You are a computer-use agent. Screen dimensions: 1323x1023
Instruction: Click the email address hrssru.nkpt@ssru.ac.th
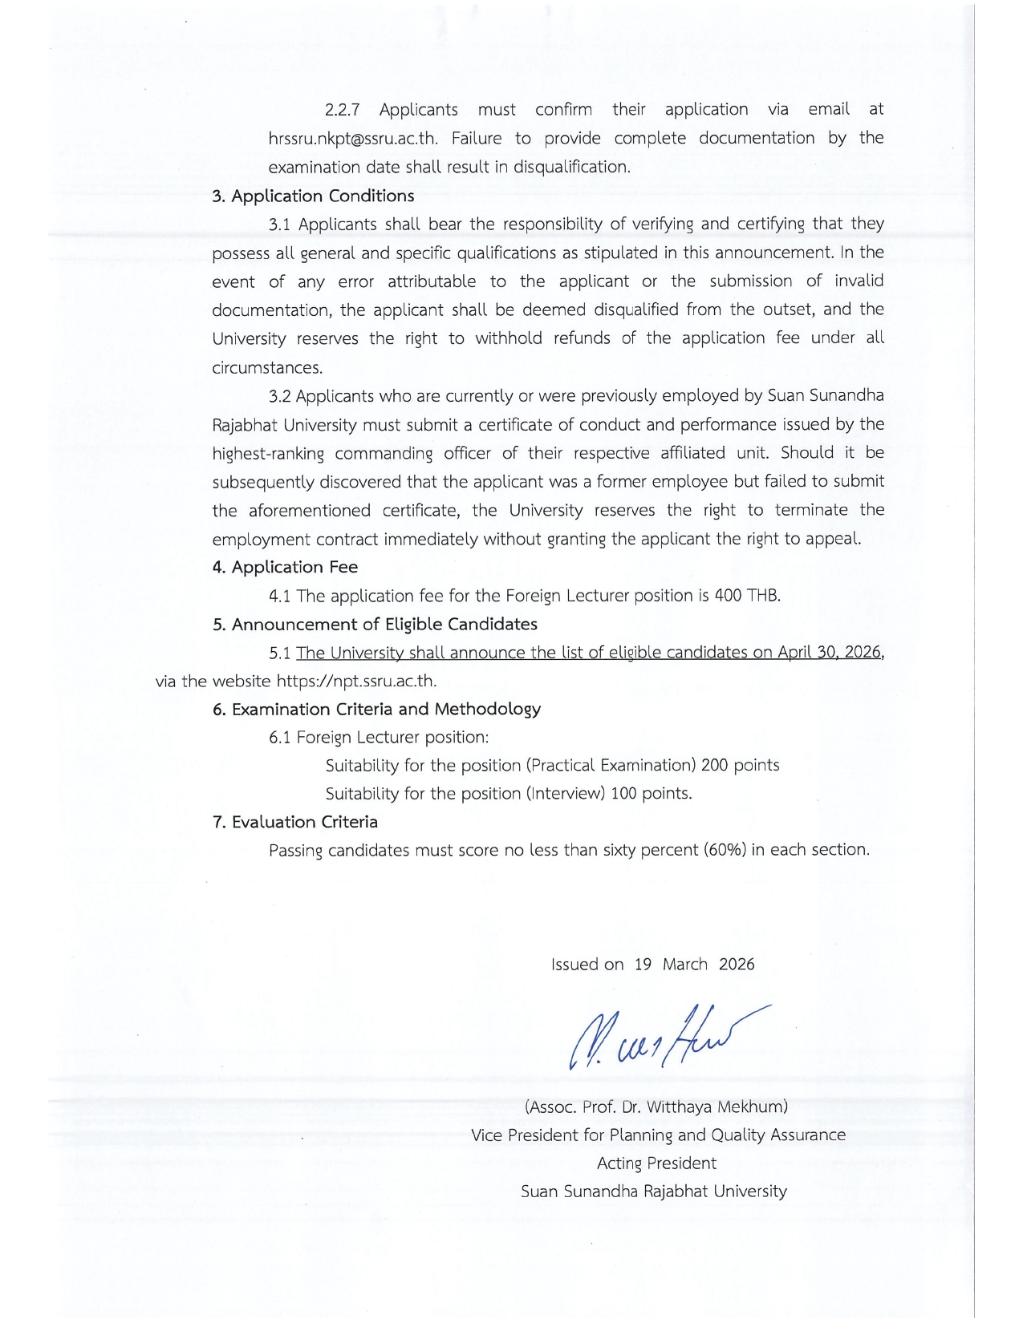pyautogui.click(x=353, y=138)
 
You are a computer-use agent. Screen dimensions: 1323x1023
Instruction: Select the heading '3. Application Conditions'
pyautogui.click(x=313, y=196)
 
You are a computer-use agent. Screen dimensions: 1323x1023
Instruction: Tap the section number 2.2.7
pyautogui.click(x=343, y=109)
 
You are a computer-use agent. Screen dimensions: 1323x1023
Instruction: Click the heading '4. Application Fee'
pyautogui.click(x=285, y=567)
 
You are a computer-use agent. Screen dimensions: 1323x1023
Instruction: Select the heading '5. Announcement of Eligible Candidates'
pyautogui.click(x=375, y=624)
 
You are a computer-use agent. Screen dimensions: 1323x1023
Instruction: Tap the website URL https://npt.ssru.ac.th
pyautogui.click(x=356, y=682)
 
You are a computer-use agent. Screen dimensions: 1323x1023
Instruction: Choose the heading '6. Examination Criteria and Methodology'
pyautogui.click(x=376, y=709)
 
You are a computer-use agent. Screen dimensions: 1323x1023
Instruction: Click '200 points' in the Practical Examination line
pyautogui.click(x=740, y=765)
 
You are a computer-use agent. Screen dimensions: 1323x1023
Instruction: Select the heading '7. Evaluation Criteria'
pyautogui.click(x=294, y=822)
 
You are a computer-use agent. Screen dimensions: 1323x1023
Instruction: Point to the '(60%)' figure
pyautogui.click(x=725, y=850)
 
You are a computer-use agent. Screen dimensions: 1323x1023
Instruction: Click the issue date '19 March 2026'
pyautogui.click(x=694, y=965)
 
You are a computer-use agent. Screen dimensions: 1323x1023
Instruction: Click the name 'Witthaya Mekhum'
pyautogui.click(x=717, y=1107)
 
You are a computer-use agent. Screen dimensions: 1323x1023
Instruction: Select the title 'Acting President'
pyautogui.click(x=656, y=1163)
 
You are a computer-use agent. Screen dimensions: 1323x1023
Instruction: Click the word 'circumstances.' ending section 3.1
pyautogui.click(x=267, y=368)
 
